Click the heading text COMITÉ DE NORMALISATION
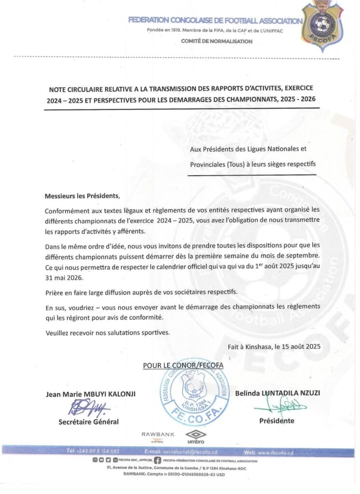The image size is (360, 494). [217, 41]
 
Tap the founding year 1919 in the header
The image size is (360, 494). [180, 31]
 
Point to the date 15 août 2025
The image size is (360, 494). [297, 346]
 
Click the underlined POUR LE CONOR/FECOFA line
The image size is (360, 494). [183, 365]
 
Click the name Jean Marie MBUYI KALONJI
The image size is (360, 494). [91, 394]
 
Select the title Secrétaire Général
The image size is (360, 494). [88, 422]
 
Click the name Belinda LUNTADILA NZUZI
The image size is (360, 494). [277, 393]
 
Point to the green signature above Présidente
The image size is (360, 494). [280, 408]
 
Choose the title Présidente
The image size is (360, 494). [277, 421]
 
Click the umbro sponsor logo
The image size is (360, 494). [196, 437]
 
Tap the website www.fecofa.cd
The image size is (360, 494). [276, 453]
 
